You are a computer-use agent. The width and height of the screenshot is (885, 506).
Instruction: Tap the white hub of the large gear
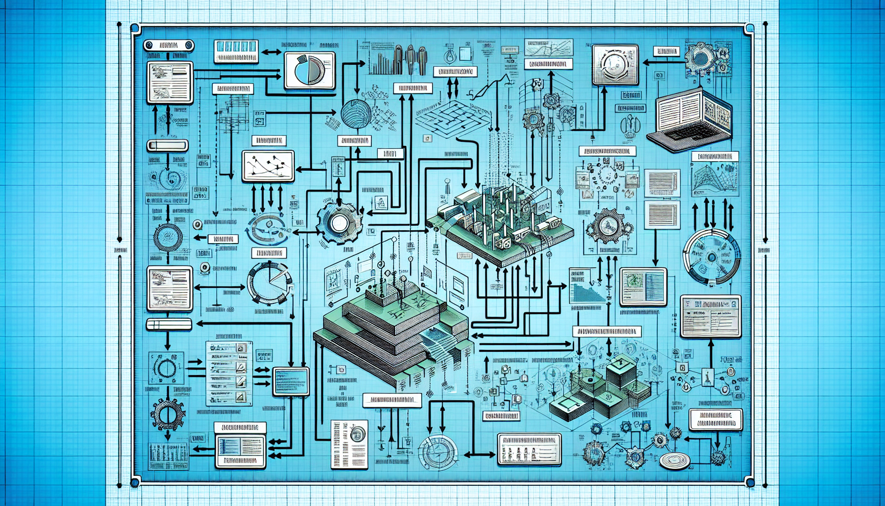(339, 223)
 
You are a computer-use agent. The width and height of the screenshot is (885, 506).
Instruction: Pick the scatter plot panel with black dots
(268, 166)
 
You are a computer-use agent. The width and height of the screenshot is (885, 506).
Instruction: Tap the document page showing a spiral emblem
(349, 444)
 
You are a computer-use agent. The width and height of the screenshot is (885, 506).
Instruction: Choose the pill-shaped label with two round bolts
(168, 46)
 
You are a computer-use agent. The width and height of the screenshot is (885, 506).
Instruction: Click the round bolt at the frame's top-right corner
(749, 29)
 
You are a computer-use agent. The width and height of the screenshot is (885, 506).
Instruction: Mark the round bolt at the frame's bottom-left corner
(134, 482)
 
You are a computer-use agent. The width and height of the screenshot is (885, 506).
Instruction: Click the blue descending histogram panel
(587, 286)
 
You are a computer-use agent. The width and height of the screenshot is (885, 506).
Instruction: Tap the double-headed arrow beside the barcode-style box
(270, 52)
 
